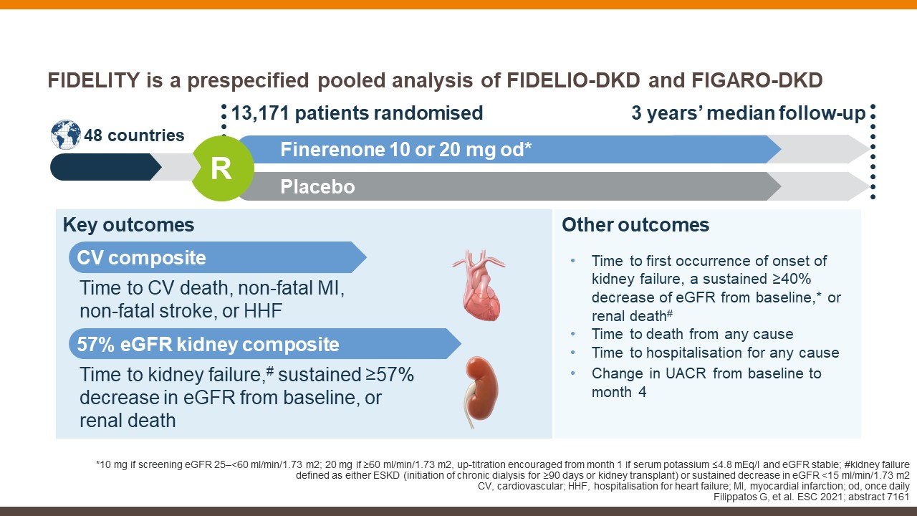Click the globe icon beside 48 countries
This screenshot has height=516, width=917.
(66, 134)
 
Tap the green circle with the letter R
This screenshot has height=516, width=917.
(223, 168)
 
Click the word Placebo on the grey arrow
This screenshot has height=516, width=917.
(317, 187)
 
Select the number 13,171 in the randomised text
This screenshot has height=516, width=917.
(260, 113)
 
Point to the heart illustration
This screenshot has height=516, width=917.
(480, 285)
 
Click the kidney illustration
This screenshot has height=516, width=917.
(481, 391)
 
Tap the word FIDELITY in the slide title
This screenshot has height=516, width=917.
(94, 80)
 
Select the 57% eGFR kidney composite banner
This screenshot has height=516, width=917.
(265, 343)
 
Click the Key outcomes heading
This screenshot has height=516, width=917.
(128, 225)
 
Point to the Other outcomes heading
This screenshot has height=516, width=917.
(635, 225)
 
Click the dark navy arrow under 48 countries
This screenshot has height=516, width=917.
(105, 167)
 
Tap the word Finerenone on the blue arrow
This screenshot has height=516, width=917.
(332, 150)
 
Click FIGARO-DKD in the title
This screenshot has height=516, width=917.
(757, 80)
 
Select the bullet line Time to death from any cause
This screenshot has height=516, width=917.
(692, 334)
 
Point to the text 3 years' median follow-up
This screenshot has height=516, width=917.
(749, 113)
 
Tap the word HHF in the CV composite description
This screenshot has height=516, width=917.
(263, 311)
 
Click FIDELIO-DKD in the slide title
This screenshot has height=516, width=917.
(573, 80)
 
